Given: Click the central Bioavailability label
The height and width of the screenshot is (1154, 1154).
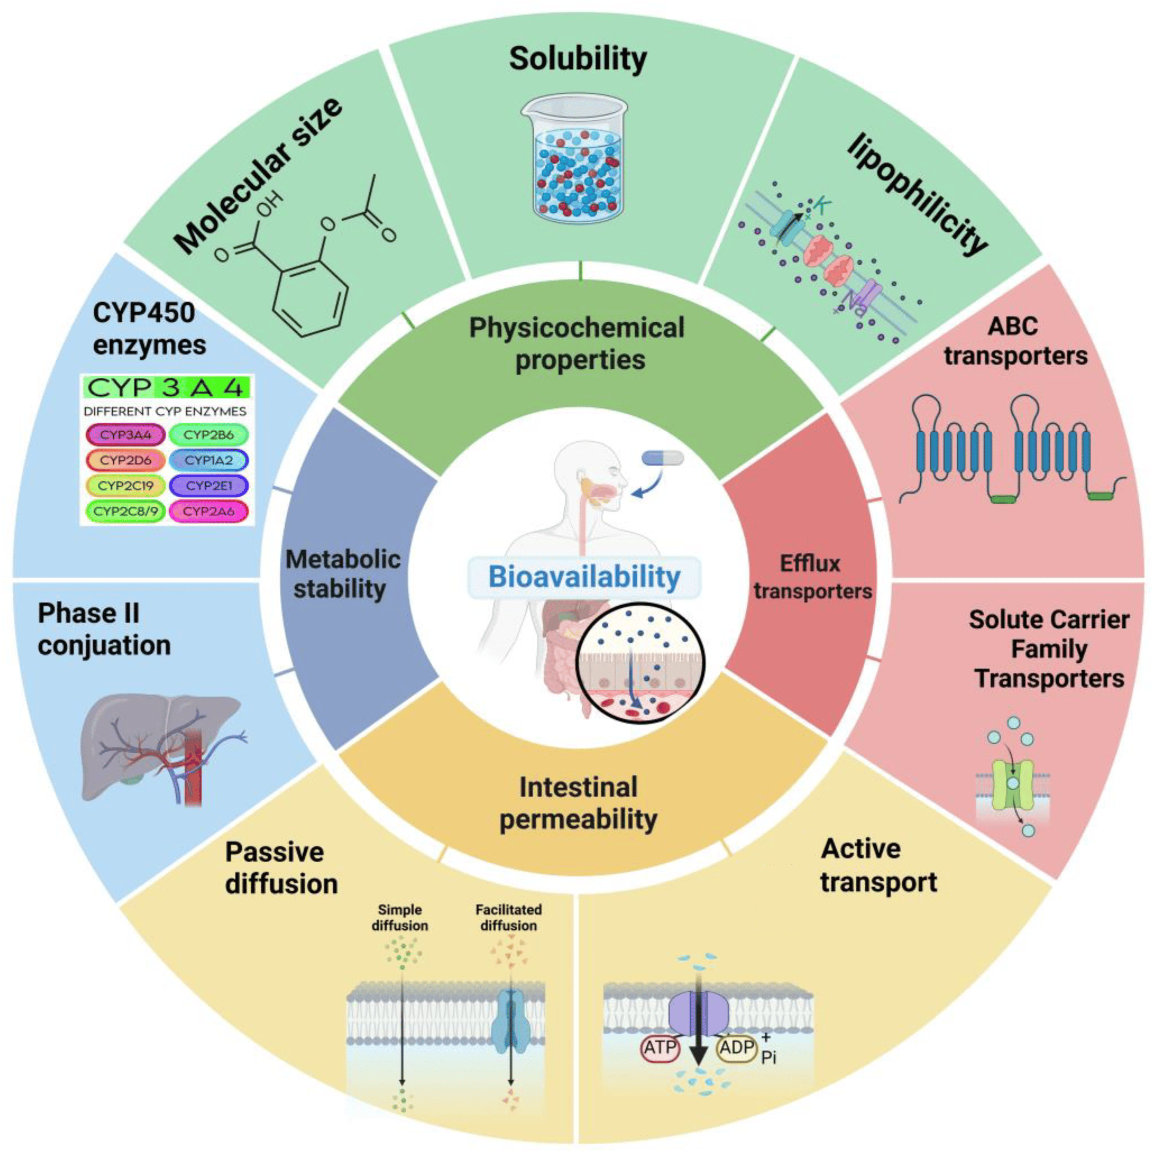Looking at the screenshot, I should tap(584, 577).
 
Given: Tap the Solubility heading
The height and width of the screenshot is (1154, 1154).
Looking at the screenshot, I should tap(578, 58).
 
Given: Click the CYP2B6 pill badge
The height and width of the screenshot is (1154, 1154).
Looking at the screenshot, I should tap(208, 435).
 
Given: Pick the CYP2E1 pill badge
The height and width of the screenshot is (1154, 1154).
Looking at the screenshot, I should tap(208, 486).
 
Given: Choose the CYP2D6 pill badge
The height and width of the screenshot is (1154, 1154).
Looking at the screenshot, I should tap(125, 460).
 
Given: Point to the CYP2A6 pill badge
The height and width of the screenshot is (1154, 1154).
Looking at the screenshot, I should tap(208, 511).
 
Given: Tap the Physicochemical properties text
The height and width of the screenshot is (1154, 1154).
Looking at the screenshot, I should tap(577, 344).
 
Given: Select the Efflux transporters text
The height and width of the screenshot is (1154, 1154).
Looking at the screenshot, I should tap(812, 577).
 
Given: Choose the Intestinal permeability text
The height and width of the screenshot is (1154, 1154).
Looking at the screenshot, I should tap(578, 803).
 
